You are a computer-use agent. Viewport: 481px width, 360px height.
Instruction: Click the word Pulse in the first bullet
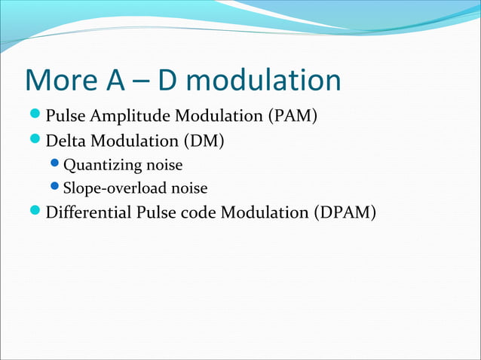(x=63, y=117)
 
